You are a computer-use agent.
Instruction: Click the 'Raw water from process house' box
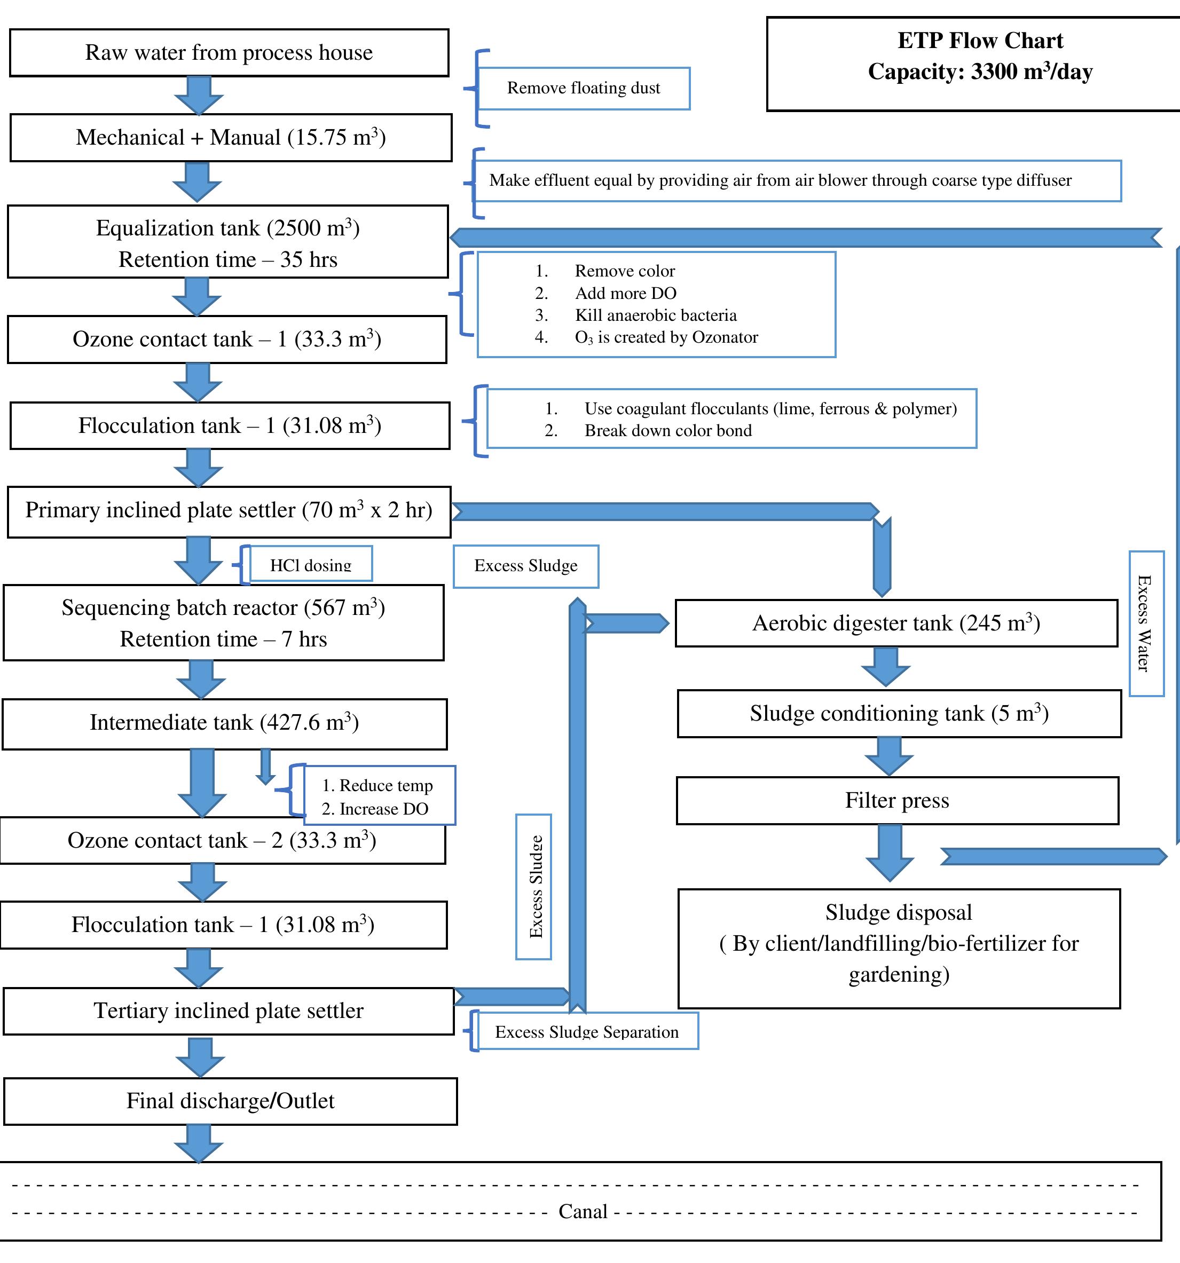[229, 53]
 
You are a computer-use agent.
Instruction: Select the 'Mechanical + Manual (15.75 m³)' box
[231, 137]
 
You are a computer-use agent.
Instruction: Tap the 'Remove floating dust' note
[584, 88]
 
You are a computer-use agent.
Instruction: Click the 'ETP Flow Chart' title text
[979, 41]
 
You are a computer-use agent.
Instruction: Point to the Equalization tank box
[227, 242]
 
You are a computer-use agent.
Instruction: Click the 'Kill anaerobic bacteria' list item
[655, 315]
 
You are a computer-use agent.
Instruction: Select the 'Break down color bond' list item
[667, 431]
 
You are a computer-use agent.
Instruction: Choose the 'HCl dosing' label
[310, 564]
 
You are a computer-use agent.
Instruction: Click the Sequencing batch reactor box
[223, 622]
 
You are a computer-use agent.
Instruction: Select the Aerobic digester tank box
[895, 623]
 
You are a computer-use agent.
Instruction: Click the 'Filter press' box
[896, 801]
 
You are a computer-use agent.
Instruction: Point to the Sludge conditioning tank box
[899, 714]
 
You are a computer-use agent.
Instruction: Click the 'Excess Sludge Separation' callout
[586, 1032]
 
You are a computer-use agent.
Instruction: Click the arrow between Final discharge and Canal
[199, 1142]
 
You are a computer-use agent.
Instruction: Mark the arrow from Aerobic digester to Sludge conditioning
[886, 666]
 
